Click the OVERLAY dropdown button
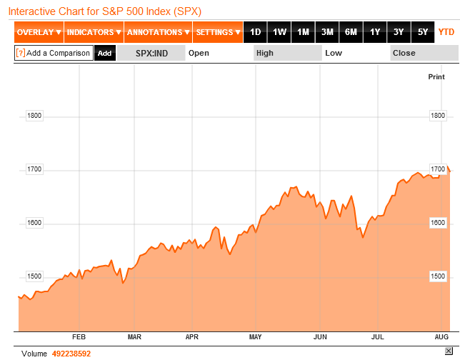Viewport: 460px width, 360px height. coord(39,32)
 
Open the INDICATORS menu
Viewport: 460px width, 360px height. coord(94,32)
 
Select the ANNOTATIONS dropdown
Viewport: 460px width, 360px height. coord(158,32)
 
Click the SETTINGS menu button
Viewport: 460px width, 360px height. coord(218,32)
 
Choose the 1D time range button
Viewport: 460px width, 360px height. coord(255,32)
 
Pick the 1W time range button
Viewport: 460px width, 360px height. coord(279,32)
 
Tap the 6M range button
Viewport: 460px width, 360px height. coord(351,32)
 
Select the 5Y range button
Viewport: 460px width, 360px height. coord(422,32)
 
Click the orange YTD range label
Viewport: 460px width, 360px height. coord(446,32)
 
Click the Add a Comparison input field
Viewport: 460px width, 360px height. coord(54,53)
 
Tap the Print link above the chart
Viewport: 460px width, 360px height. coord(436,76)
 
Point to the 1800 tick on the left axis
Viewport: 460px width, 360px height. coord(34,116)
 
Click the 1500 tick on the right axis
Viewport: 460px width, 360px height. coord(437,276)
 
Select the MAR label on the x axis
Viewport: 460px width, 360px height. coord(134,336)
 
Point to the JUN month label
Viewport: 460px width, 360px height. coord(320,336)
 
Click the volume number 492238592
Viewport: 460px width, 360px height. coord(71,354)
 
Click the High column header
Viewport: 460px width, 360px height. coord(265,53)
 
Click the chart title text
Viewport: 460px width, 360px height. coord(104,11)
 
